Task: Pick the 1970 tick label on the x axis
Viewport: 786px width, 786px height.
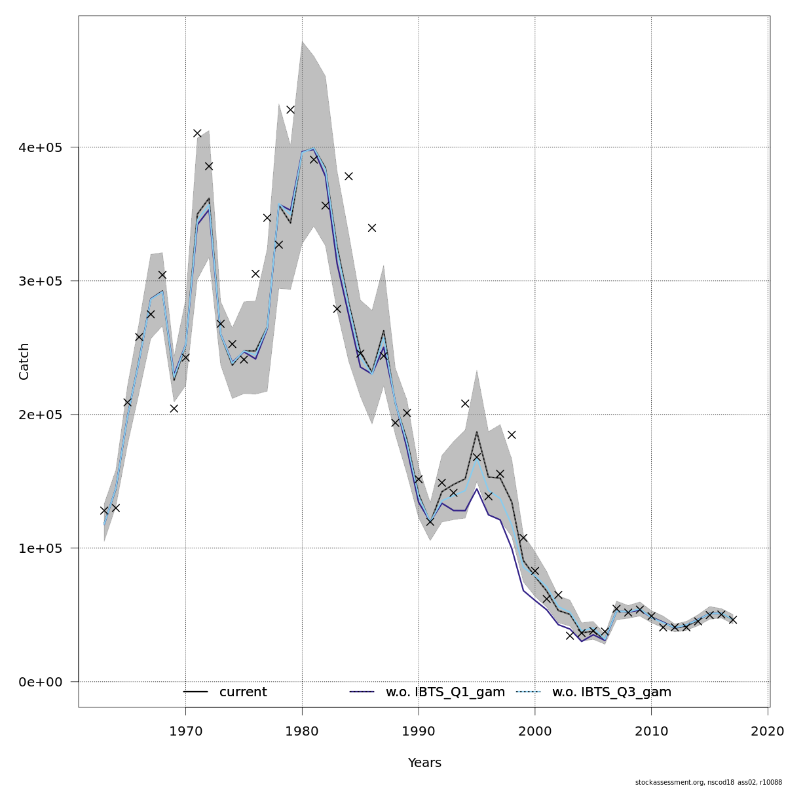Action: (185, 730)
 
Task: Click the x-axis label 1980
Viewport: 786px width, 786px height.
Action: (302, 730)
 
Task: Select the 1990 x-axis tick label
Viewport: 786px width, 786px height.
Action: (419, 730)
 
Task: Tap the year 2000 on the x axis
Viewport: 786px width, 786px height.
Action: (535, 730)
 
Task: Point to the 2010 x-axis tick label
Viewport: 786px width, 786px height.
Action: (652, 730)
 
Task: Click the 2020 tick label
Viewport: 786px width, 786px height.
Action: (768, 730)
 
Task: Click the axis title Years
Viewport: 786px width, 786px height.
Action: (424, 763)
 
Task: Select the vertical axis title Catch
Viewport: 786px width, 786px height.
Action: (24, 361)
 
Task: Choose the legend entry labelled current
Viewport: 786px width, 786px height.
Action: (243, 692)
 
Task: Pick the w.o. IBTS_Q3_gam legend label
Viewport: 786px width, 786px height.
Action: (612, 692)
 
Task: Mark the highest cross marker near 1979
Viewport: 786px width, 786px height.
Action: (290, 109)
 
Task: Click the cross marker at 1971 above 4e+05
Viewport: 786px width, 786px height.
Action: (197, 133)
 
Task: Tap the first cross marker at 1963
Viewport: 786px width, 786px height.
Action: (104, 510)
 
